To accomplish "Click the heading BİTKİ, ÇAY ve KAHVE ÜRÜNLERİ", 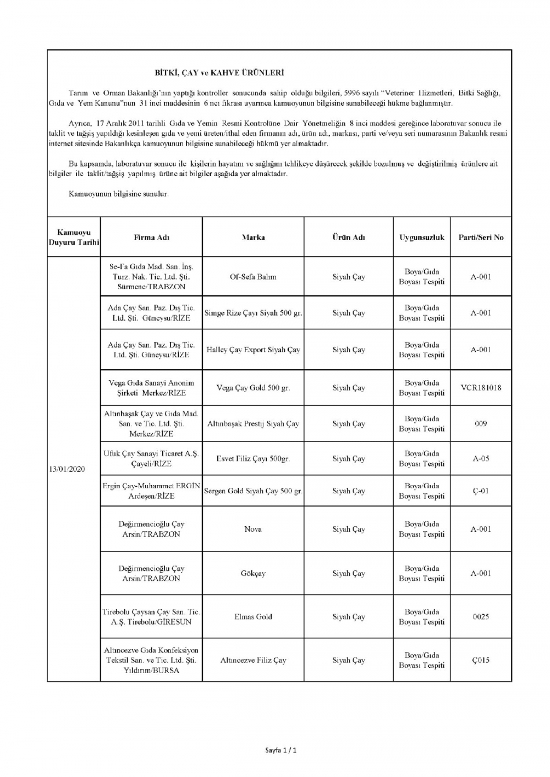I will click(x=219, y=72).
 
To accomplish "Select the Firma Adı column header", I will click(x=151, y=237).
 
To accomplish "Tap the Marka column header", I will click(x=253, y=237).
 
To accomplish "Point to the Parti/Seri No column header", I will click(x=481, y=237).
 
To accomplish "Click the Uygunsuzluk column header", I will click(x=421, y=237).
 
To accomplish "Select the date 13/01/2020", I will click(x=67, y=469).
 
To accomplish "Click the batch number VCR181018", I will click(x=481, y=387).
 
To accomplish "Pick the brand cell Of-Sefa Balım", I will click(x=253, y=277).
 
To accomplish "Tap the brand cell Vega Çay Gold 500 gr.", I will click(x=253, y=387).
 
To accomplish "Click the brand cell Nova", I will click(x=253, y=529).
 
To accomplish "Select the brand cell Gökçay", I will click(x=253, y=573).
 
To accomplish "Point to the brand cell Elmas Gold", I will click(x=253, y=616).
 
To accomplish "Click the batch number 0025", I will click(x=481, y=616).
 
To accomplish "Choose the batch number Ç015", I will click(x=481, y=660).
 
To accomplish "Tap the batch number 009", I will click(x=481, y=423).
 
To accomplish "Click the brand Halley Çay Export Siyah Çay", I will click(x=253, y=349).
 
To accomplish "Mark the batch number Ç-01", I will click(x=481, y=491).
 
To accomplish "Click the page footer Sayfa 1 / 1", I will click(x=280, y=750).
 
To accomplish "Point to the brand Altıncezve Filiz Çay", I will click(x=253, y=660).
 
